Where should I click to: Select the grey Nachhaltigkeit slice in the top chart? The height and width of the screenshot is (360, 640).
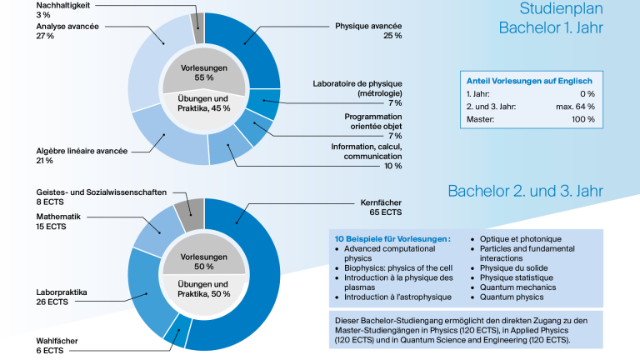198,27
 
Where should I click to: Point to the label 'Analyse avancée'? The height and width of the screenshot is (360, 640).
67,27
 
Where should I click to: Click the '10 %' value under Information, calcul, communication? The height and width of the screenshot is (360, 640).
393,166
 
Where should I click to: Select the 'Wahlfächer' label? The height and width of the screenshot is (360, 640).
57,341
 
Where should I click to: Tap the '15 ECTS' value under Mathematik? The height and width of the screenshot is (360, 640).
51,227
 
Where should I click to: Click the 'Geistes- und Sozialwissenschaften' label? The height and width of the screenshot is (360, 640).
101,192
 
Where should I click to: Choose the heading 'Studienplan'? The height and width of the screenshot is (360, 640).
561,8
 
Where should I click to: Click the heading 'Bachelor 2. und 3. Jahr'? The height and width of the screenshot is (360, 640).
525,191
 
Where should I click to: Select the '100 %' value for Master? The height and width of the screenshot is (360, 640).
582,119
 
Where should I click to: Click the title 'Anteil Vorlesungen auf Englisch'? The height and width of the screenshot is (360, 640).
529,81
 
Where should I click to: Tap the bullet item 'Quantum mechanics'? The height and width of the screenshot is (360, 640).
518,287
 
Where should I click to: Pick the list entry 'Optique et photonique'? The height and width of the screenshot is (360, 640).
520,239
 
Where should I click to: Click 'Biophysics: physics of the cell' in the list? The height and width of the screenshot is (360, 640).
398,268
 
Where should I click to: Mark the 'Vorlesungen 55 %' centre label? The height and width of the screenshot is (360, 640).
204,72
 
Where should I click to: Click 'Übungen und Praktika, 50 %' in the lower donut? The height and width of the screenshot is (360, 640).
203,289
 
